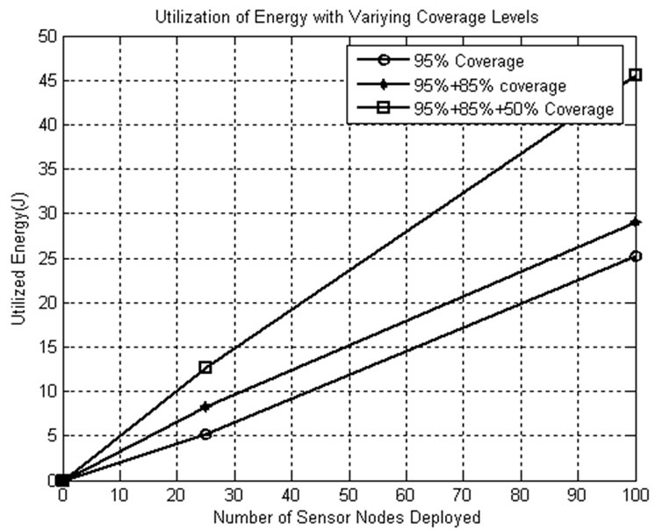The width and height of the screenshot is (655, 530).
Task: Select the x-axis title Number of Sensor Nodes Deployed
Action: [348, 518]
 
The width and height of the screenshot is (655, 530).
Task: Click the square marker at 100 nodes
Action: [636, 75]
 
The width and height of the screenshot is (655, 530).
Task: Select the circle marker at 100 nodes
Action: [636, 256]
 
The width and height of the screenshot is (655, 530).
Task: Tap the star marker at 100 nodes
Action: [636, 223]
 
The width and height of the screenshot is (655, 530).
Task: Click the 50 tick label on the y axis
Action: [43, 36]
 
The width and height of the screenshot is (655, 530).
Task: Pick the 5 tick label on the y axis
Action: [47, 435]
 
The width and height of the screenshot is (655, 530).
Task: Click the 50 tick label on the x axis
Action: [349, 497]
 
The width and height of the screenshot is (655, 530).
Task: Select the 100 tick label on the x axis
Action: [634, 497]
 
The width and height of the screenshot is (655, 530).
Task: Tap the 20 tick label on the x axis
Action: [176, 497]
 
